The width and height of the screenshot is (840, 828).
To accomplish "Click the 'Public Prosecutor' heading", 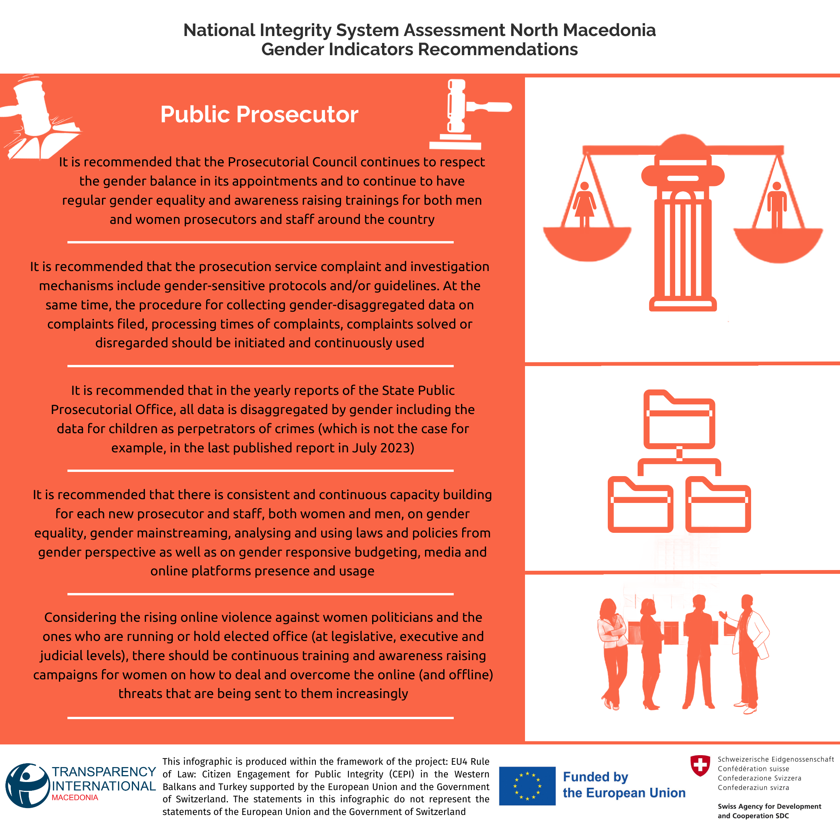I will click(259, 114).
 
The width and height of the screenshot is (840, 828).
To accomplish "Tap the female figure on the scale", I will click(584, 204).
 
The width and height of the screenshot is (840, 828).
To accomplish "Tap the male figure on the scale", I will click(776, 204).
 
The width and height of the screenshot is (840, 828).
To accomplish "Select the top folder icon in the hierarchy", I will click(679, 420).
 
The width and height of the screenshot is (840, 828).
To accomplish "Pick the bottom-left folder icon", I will click(640, 505).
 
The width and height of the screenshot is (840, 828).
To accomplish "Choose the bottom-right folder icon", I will click(718, 505).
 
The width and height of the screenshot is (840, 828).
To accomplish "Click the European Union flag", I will click(527, 786).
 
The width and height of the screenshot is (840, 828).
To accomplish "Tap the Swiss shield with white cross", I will click(700, 765).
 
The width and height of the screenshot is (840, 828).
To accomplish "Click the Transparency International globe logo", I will click(27, 786).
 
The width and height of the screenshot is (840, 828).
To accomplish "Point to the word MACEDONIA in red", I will click(75, 798).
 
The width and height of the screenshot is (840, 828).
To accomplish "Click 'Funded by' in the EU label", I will click(595, 777).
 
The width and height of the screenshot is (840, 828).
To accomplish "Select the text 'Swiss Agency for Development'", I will click(769, 806).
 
